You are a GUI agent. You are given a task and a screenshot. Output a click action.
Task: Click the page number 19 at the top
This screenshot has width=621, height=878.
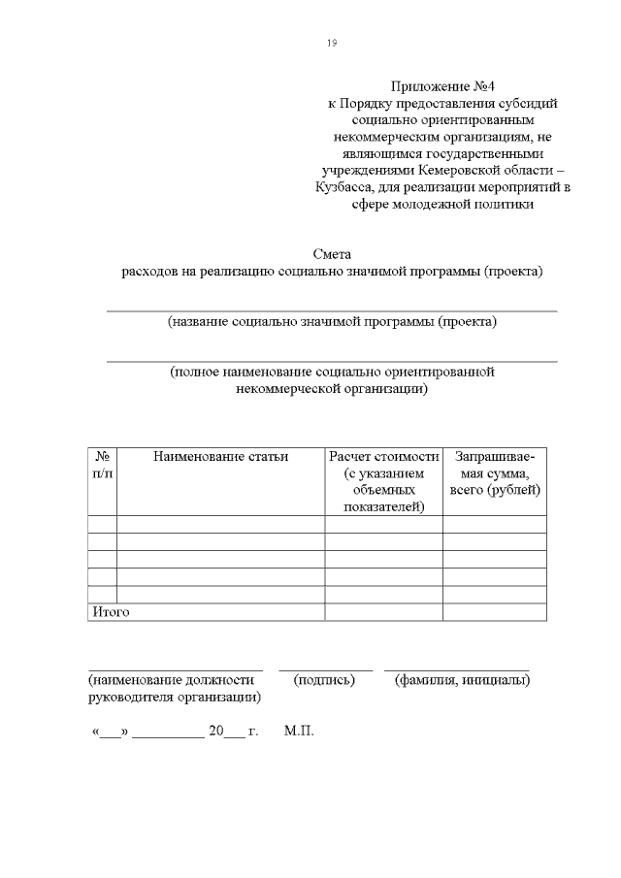[x=332, y=43]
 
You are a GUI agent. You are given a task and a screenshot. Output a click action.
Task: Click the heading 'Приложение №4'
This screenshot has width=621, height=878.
[x=440, y=86]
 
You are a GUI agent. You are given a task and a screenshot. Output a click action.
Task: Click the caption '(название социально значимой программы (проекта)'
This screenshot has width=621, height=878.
[x=332, y=321]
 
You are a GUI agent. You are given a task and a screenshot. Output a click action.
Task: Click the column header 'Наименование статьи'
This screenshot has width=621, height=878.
[x=221, y=456]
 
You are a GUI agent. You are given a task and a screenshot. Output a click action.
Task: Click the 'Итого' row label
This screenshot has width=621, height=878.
[x=111, y=612]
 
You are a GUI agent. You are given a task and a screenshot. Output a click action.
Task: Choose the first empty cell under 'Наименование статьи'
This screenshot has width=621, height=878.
[x=221, y=524]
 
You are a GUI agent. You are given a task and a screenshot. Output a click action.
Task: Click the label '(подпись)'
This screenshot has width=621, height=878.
[x=325, y=680]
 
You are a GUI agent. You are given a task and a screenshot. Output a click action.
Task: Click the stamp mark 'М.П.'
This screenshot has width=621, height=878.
[x=300, y=731]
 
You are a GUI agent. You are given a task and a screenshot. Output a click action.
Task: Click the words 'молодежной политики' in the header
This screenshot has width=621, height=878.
[x=466, y=204]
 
